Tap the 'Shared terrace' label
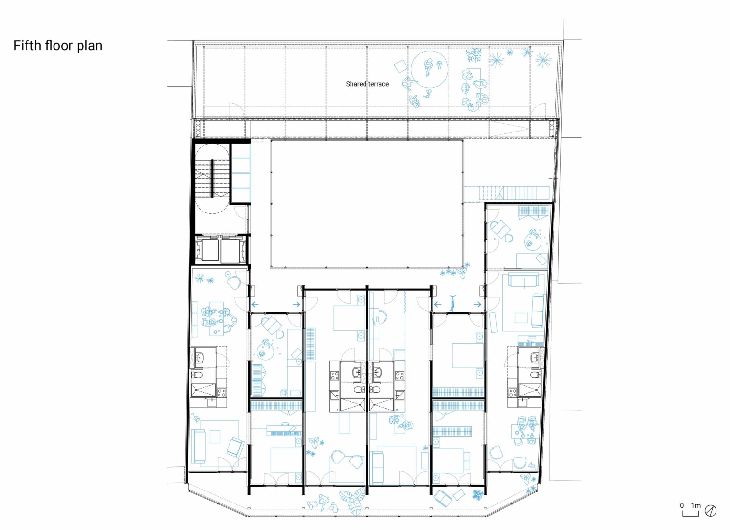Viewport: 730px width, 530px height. [x=367, y=84]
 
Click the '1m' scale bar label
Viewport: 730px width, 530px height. [x=696, y=505]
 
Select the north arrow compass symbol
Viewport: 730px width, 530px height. [x=711, y=510]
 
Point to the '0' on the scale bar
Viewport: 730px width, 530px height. [x=682, y=505]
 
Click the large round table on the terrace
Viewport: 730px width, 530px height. [x=429, y=69]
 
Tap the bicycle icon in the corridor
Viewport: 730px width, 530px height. [x=452, y=303]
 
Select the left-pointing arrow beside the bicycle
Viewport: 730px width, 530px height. [x=437, y=305]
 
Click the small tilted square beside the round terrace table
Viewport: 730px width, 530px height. [x=400, y=67]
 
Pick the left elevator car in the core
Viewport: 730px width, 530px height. [x=207, y=250]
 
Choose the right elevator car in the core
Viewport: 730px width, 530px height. [x=232, y=250]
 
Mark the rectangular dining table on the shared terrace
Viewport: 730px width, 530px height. [x=473, y=88]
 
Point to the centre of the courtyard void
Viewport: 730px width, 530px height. [x=367, y=204]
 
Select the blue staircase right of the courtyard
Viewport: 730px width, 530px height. [x=506, y=193]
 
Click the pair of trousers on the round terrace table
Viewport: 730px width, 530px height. [x=439, y=65]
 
